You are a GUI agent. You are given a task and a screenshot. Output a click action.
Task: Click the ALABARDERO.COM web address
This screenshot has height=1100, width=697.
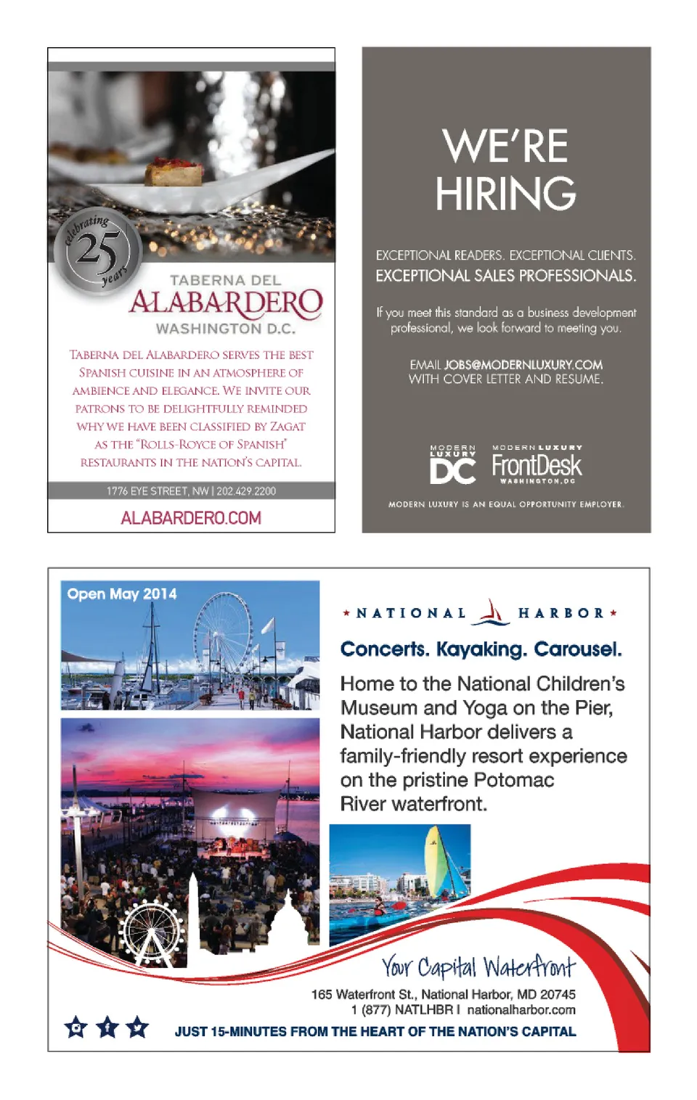click(191, 518)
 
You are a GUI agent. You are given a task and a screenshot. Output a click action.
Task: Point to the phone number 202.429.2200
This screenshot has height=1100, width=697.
click(246, 491)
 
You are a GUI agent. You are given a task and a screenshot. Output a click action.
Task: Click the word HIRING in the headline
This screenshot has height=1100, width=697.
click(505, 194)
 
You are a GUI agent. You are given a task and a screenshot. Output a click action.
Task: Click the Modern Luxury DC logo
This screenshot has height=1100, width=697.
click(453, 464)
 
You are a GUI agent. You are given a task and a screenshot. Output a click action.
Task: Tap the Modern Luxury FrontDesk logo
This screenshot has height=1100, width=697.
click(537, 464)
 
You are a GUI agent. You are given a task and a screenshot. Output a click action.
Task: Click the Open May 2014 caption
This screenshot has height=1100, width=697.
click(122, 594)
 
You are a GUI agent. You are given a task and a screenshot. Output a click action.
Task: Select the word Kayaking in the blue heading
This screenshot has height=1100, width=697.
click(481, 649)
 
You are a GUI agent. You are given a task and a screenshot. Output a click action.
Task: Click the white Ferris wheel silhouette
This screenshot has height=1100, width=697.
click(152, 932)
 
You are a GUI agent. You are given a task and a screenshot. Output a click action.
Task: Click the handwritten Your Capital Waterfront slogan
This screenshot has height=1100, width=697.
click(478, 967)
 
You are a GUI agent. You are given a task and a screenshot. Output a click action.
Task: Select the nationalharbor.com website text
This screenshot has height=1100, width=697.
click(521, 1010)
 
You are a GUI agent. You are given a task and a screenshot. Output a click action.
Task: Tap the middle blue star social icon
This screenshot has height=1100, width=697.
click(107, 1027)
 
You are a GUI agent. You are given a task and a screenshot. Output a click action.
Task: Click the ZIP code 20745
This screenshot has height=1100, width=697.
click(558, 995)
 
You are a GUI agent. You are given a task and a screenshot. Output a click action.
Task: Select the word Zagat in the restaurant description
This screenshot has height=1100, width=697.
click(288, 427)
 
